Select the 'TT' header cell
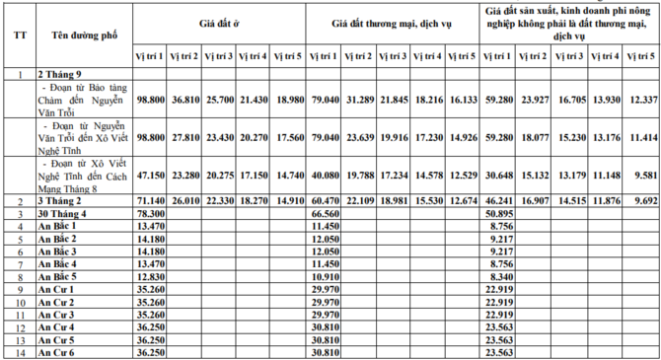pyautogui.click(x=19, y=33)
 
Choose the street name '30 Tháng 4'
pyautogui.click(x=63, y=213)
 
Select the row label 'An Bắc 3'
pyautogui.click(x=59, y=252)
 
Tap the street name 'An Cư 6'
pyautogui.click(x=57, y=352)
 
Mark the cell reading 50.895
pyautogui.click(x=501, y=213)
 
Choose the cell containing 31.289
pyautogui.click(x=356, y=100)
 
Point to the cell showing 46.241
pyautogui.click(x=501, y=200)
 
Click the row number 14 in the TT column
pyautogui.click(x=19, y=352)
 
